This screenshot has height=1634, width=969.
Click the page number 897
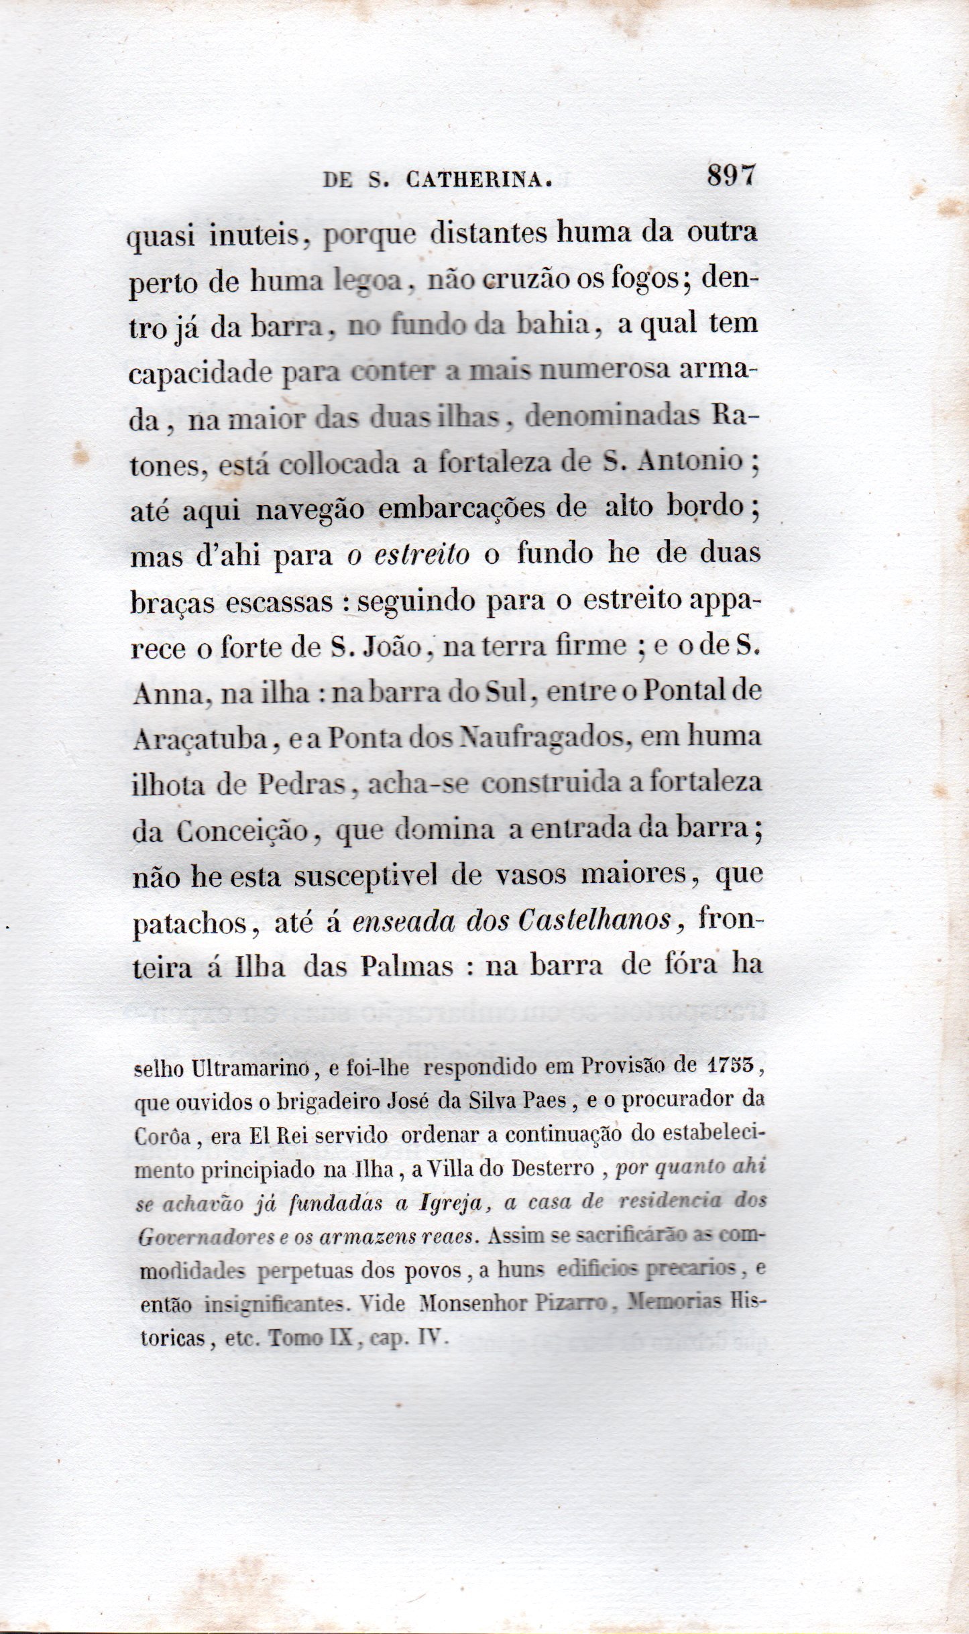pyautogui.click(x=730, y=176)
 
